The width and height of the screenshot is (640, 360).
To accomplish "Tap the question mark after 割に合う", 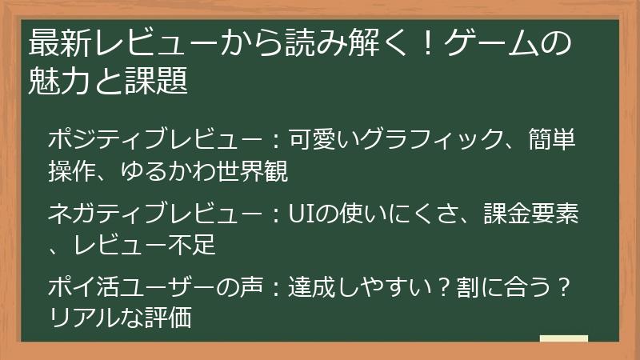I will point(566,287).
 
